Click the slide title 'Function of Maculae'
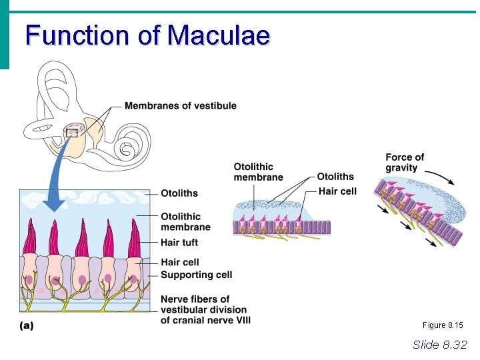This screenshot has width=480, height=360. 147,35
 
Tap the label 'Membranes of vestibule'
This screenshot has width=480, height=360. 181,105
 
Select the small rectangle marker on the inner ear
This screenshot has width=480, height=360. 73,133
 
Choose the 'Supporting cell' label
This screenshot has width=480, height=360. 196,275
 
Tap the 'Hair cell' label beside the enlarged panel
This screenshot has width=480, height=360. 180,262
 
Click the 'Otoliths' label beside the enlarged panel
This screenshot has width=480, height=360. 179,193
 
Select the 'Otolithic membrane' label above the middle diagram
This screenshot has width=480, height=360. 258,172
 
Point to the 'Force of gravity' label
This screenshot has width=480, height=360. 405,162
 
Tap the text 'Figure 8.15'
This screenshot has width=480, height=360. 443,325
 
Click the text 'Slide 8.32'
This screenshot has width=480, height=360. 440,344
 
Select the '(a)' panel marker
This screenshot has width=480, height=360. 25,327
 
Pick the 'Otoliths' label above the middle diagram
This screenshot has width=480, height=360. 335,177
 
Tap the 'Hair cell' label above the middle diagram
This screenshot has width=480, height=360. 338,191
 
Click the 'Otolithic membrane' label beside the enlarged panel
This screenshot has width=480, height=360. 185,221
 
